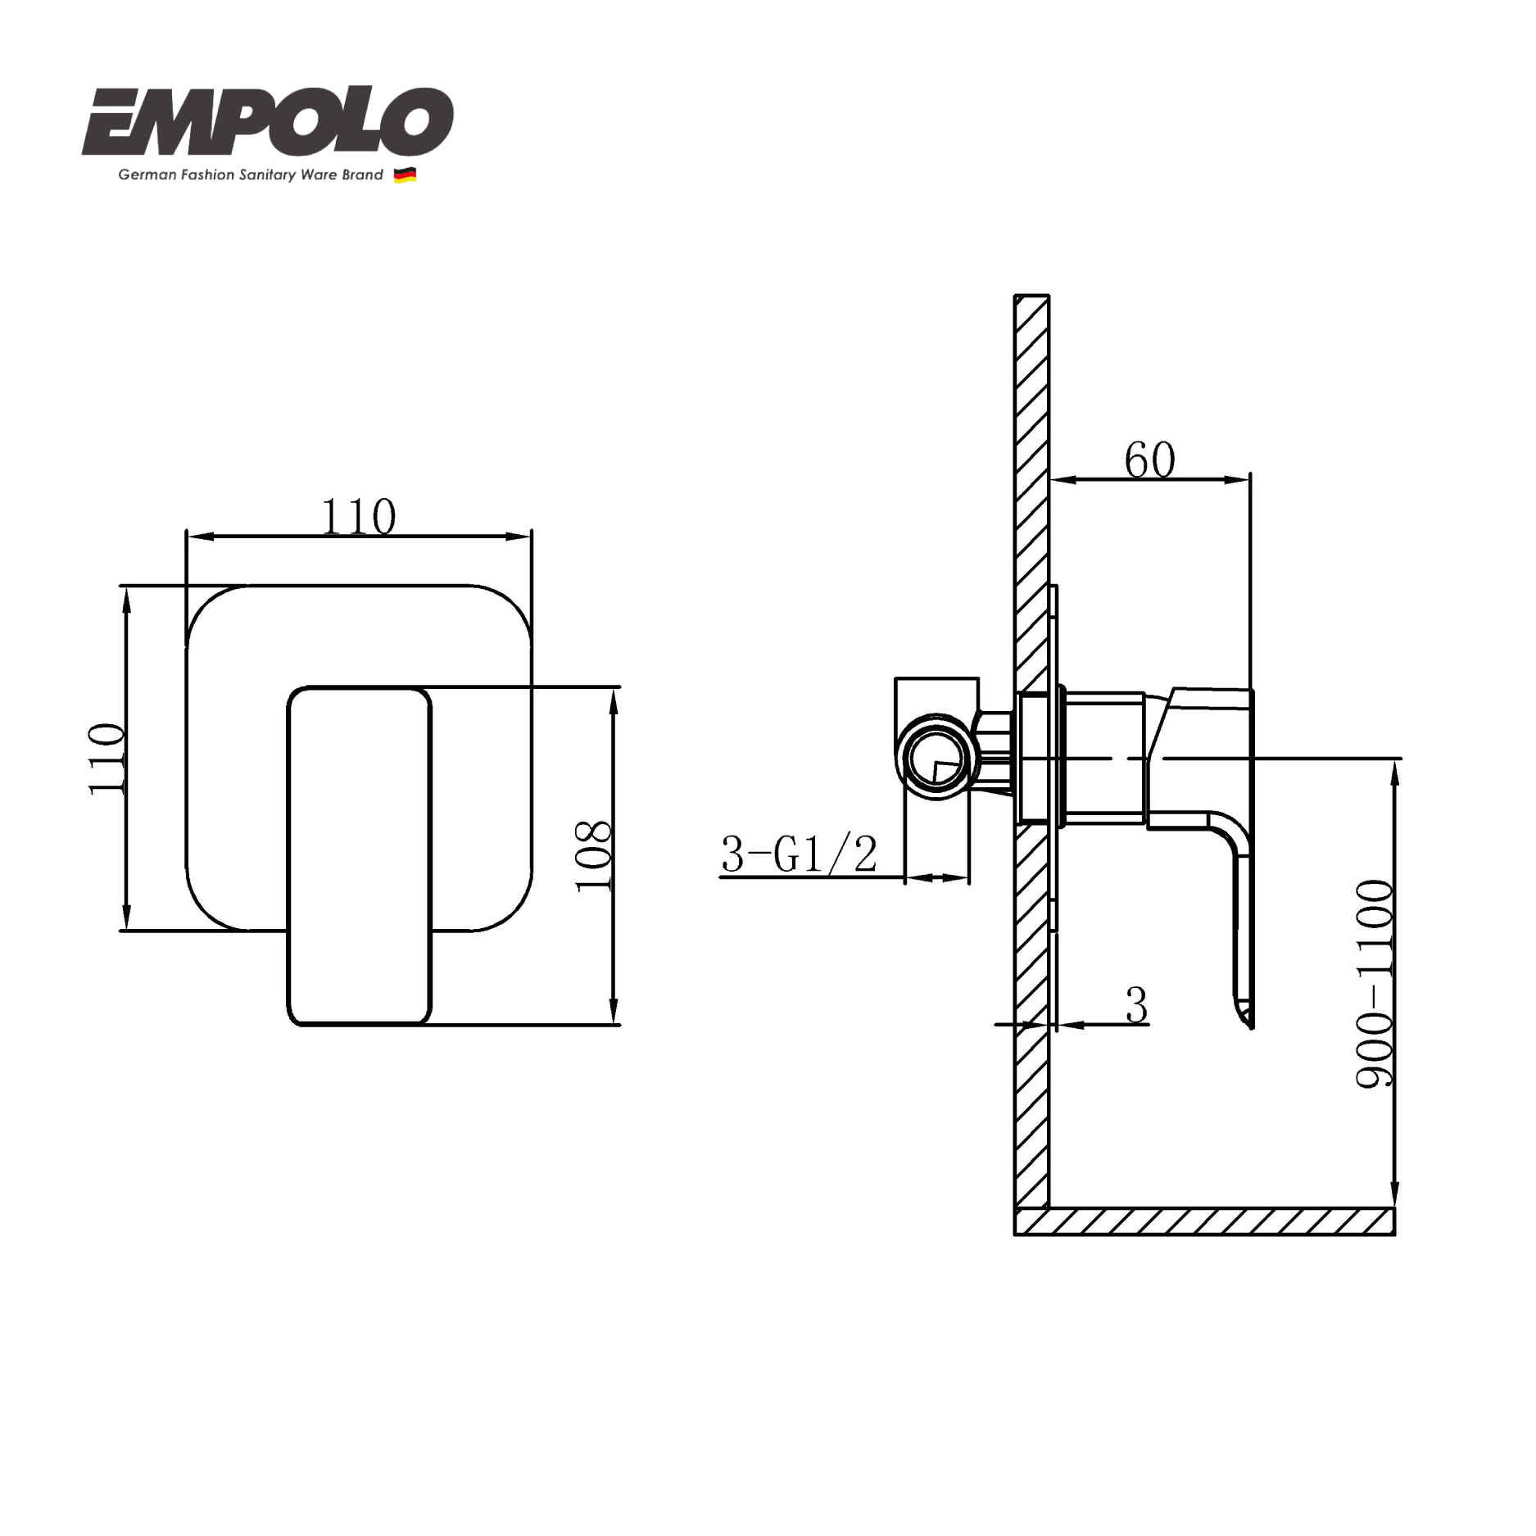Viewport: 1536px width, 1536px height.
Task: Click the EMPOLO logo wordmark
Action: [267, 123]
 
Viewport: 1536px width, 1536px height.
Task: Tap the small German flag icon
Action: [405, 175]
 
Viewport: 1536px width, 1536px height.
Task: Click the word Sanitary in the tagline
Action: [267, 175]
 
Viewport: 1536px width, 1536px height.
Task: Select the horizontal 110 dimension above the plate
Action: [359, 517]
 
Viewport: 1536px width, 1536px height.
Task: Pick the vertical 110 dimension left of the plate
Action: [106, 759]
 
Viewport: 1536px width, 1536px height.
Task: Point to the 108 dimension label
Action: [594, 856]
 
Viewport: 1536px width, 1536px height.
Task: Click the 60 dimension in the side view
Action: [1149, 460]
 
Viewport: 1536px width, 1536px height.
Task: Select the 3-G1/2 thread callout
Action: [799, 854]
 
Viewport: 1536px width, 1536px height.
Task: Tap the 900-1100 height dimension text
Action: [1375, 984]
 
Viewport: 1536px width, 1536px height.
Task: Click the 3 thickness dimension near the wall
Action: [1136, 1005]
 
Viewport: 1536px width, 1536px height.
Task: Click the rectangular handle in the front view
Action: [359, 856]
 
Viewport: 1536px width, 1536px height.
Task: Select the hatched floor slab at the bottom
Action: [1204, 1221]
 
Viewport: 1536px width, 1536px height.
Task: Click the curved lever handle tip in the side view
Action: [1245, 1016]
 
